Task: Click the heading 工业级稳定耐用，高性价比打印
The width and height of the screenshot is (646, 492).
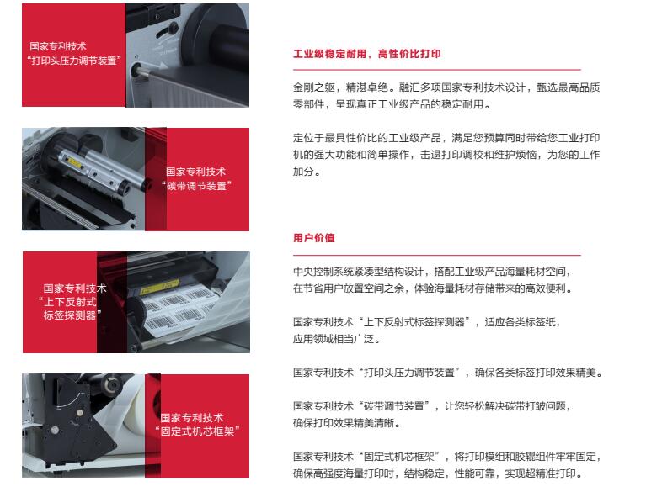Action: coord(366,54)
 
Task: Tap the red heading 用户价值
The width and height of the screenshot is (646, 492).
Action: coord(314,238)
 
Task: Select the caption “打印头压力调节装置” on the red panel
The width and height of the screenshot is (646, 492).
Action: coord(74,61)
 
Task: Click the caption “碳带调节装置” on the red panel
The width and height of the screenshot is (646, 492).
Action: coord(196,186)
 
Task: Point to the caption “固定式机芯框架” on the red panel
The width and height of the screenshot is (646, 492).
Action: coord(197,431)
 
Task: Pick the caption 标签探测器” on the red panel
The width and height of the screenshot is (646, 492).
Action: coord(72,315)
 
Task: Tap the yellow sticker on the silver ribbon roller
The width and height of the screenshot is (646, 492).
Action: coord(75,163)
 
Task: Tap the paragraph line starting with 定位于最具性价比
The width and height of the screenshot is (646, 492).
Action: coord(446,138)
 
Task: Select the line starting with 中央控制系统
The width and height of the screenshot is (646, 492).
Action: coord(432,272)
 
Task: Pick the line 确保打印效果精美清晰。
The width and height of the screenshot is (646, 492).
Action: coord(346,423)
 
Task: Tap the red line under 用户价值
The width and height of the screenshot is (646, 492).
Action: coord(437,255)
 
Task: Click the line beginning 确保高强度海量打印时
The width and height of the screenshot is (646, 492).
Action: coord(439,473)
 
